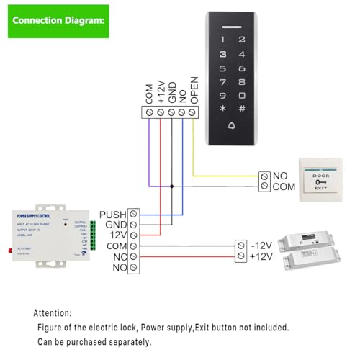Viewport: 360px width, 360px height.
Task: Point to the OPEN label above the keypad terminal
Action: pyautogui.click(x=193, y=90)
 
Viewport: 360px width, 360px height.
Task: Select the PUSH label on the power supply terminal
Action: pyautogui.click(x=112, y=215)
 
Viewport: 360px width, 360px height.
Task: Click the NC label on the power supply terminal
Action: pyautogui.click(x=119, y=256)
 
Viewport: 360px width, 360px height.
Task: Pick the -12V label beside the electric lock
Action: pyautogui.click(x=261, y=245)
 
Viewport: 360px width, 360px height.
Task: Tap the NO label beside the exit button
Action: pyautogui.click(x=279, y=175)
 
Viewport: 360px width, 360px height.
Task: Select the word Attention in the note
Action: pyautogui.click(x=52, y=314)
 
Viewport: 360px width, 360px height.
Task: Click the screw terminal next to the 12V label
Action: pyautogui.click(x=133, y=235)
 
